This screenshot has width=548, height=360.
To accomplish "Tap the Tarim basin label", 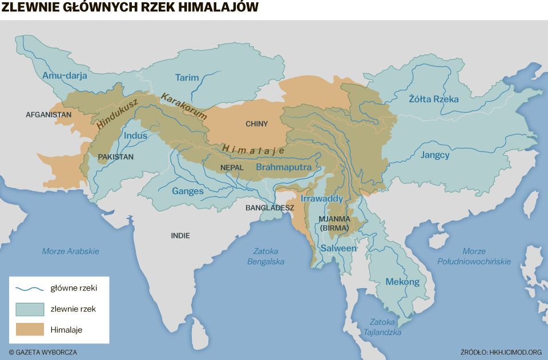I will [187, 78].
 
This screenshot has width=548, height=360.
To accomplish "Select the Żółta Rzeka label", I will [433, 99].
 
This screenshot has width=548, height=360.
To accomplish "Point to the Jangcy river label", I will [435, 155].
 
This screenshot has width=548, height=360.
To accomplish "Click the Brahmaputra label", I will [283, 167].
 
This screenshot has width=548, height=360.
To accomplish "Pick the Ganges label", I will [188, 191].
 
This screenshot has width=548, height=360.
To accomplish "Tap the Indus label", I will [135, 136].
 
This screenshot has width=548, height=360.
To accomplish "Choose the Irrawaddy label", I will [321, 199].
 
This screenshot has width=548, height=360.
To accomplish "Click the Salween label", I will [338, 248].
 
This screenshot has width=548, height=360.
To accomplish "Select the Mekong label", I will [402, 282].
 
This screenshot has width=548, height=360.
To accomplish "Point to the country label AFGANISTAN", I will [49, 115].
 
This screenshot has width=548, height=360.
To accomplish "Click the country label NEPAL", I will [231, 168].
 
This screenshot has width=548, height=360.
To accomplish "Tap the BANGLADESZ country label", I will [270, 208].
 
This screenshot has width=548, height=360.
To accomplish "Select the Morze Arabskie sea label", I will [71, 251].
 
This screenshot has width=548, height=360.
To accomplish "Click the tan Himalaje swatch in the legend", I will [30, 329].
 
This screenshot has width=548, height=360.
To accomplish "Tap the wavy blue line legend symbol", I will [30, 288].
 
